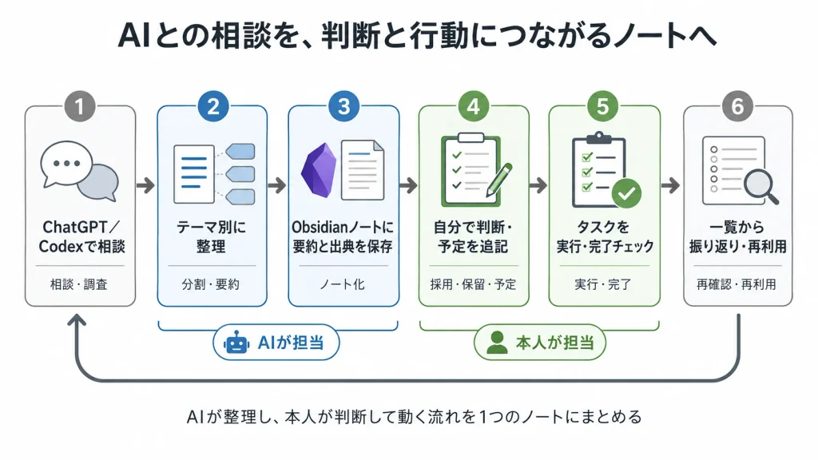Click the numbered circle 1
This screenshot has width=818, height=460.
point(80,106)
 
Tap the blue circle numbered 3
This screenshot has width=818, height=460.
point(343,106)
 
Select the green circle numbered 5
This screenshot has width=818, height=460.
point(603,106)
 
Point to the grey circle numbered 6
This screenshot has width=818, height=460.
point(737,106)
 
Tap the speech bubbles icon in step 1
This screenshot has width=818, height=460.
point(79,171)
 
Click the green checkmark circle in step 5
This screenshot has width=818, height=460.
point(626,193)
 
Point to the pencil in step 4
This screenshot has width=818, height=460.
point(498,180)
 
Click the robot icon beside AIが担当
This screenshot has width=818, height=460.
point(236,343)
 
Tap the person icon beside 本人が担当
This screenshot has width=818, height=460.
point(497,343)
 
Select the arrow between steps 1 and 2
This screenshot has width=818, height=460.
point(146,185)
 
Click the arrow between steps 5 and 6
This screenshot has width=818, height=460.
point(671,185)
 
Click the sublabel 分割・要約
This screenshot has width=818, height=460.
point(211,284)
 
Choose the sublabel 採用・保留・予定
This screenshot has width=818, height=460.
point(473,284)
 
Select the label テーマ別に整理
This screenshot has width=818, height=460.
point(211,236)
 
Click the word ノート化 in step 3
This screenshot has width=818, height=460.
point(342,284)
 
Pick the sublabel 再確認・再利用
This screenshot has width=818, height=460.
point(736,284)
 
